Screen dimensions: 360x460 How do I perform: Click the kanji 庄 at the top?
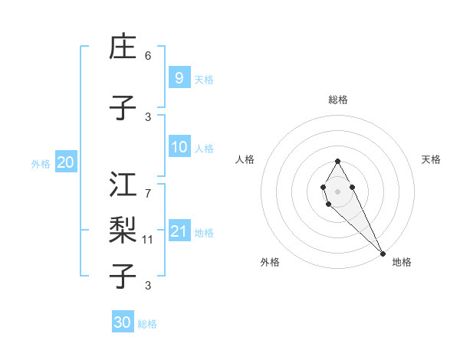pyautogui.click(x=123, y=47)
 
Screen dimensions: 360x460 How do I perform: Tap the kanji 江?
pyautogui.click(x=123, y=185)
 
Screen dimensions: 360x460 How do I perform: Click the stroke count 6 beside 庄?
pyautogui.click(x=148, y=56)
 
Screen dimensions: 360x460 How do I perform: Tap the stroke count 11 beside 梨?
pyautogui.click(x=149, y=240)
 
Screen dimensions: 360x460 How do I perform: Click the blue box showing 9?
pyautogui.click(x=179, y=77)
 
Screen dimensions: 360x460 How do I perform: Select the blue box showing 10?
pyautogui.click(x=179, y=147)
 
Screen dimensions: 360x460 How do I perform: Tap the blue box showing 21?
pyautogui.click(x=179, y=231)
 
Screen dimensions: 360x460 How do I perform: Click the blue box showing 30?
pyautogui.click(x=123, y=322)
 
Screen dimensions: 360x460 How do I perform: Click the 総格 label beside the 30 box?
pyautogui.click(x=147, y=324)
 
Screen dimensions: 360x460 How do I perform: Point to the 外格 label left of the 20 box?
pyautogui.click(x=41, y=163)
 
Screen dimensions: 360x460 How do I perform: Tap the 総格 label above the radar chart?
pyautogui.click(x=338, y=100)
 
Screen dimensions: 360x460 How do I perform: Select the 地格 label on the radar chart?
pyautogui.click(x=402, y=262)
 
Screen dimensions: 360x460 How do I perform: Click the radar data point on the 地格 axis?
pyautogui.click(x=382, y=254)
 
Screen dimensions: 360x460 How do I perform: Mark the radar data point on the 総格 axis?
pyautogui.click(x=337, y=161)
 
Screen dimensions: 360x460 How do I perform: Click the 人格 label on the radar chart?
pyautogui.click(x=245, y=159)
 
